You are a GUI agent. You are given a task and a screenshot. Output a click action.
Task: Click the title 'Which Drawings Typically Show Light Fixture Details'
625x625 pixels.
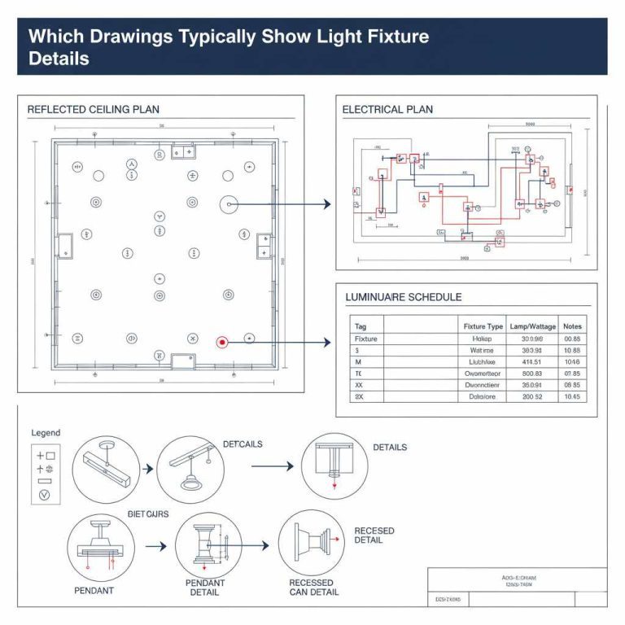(x=229, y=47)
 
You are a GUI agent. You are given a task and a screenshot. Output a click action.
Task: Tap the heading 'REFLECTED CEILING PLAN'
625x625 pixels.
(x=94, y=109)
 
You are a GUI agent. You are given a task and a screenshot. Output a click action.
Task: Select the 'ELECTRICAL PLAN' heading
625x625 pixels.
(x=387, y=109)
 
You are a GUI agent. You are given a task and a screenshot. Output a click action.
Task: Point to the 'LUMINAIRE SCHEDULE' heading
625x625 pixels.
(x=404, y=298)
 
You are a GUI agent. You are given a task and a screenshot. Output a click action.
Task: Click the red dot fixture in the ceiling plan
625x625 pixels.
(x=221, y=343)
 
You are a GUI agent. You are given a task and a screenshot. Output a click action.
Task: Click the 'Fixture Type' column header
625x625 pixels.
(x=483, y=326)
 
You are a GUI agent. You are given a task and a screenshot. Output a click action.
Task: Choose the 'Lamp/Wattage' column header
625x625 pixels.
(x=531, y=326)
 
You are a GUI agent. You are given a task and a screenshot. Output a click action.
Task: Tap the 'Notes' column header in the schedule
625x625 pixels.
(x=572, y=326)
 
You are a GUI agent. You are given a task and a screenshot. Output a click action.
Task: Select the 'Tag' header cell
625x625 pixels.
(x=361, y=326)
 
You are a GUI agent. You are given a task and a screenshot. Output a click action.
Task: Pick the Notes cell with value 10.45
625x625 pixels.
(x=572, y=396)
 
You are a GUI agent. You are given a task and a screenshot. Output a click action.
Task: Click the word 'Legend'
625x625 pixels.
(x=46, y=433)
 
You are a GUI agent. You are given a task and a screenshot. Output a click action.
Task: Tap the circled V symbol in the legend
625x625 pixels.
(x=45, y=494)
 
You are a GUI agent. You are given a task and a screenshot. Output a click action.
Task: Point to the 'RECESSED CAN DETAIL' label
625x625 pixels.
(x=311, y=588)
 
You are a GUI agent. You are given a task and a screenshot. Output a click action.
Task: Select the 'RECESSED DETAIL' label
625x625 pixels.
(x=374, y=535)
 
